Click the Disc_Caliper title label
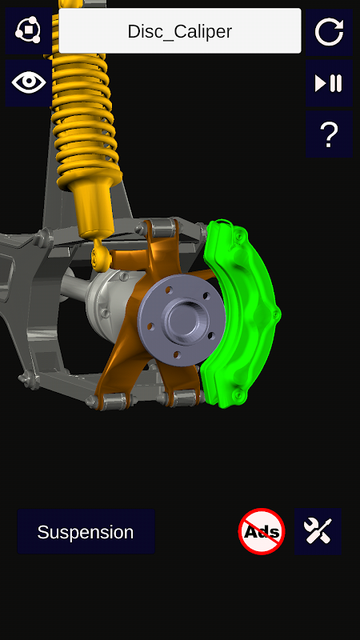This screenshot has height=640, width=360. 180,31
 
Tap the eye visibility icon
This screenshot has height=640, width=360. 29,83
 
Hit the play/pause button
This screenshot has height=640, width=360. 329,83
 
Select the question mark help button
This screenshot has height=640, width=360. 329,134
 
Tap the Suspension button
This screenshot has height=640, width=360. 86,531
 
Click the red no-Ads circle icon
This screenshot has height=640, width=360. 262,531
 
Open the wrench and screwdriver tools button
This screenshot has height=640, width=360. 318,531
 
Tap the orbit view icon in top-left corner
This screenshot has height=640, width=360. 29,30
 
